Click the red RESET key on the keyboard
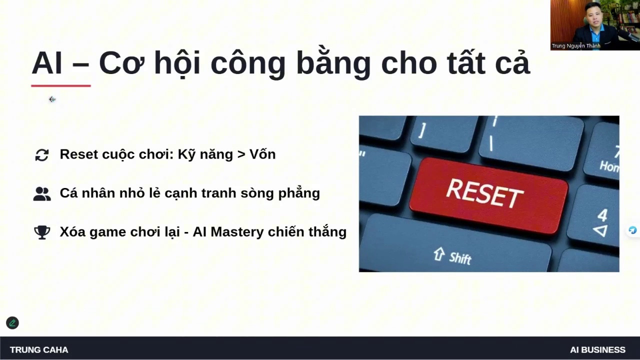click(x=488, y=195)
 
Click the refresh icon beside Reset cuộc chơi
click(x=42, y=155)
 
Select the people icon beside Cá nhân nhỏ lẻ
click(x=42, y=194)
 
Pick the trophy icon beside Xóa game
click(x=42, y=232)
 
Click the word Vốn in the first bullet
click(x=262, y=154)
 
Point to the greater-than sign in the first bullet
click(x=241, y=154)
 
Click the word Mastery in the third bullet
click(x=237, y=232)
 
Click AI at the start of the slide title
click(x=47, y=63)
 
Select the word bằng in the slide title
click(x=333, y=62)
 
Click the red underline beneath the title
click(x=61, y=85)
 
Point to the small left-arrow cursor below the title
click(x=52, y=99)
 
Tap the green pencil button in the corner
click(x=12, y=323)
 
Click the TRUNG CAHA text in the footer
click(x=39, y=349)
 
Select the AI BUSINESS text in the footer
click(x=597, y=349)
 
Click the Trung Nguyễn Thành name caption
click(x=576, y=45)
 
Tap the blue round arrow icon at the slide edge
click(x=632, y=230)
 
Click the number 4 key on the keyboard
click(x=602, y=215)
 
